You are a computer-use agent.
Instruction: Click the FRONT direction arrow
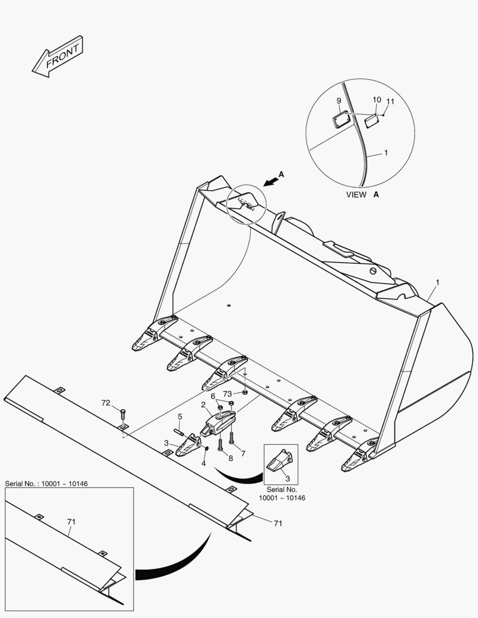click(x=57, y=56)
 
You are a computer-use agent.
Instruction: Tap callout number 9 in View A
click(x=339, y=101)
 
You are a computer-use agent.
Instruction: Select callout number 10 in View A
click(x=376, y=100)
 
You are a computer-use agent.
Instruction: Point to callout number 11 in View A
click(x=390, y=102)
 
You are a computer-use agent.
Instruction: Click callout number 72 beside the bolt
click(x=105, y=403)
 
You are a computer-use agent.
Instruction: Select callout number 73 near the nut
click(x=227, y=394)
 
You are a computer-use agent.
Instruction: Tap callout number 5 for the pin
click(x=180, y=417)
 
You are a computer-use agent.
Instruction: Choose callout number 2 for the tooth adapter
click(x=203, y=405)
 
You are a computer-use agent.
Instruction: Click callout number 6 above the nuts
click(x=213, y=396)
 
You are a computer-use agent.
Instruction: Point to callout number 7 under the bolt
click(x=243, y=454)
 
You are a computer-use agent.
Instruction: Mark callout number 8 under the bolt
click(x=230, y=458)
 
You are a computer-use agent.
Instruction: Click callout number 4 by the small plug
click(x=203, y=463)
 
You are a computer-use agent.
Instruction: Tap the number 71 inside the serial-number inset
click(x=72, y=521)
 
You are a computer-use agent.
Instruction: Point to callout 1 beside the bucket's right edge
click(x=438, y=282)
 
